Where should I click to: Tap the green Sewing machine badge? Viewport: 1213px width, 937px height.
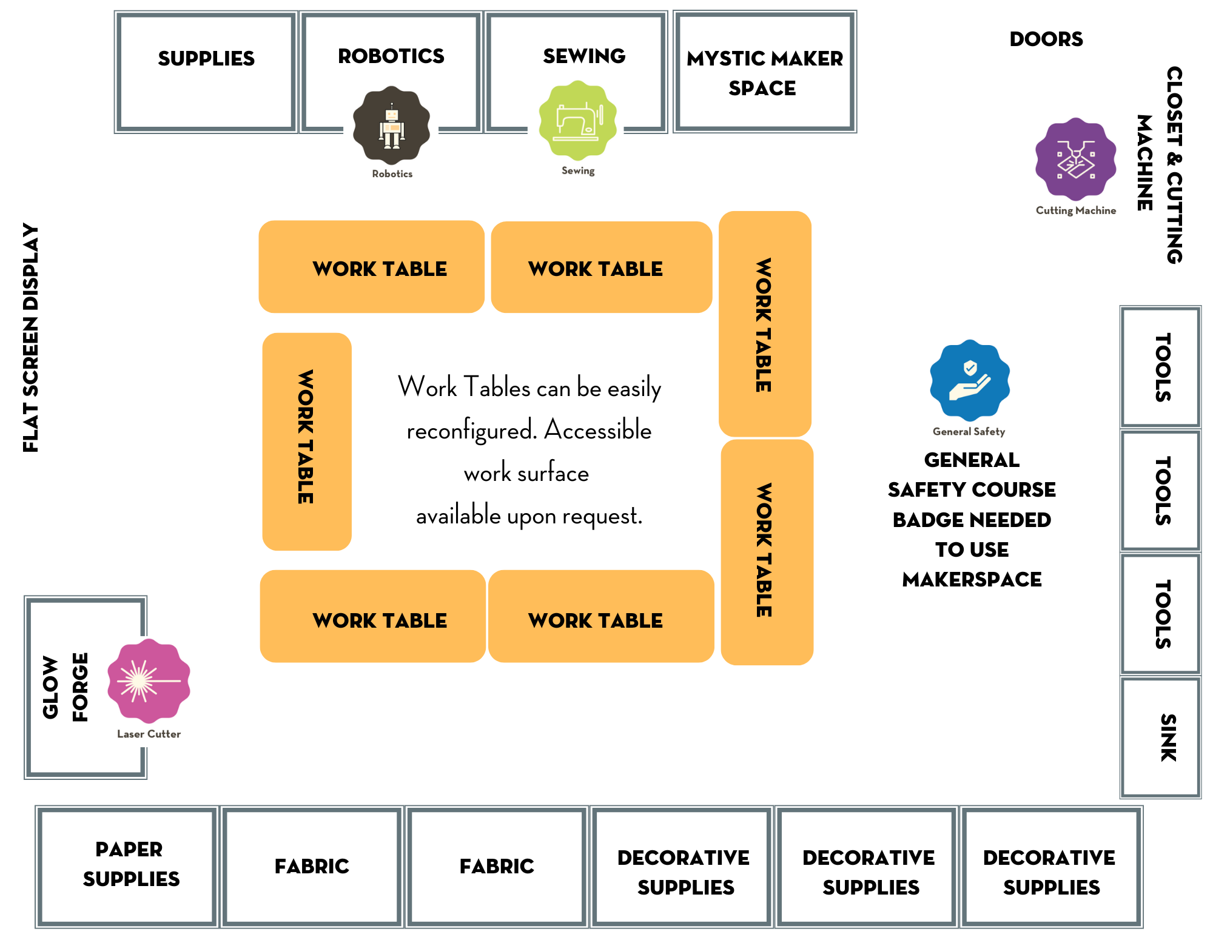click(x=577, y=119)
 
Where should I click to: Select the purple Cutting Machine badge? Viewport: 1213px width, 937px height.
click(x=1075, y=159)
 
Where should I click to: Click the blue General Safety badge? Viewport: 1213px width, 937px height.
click(x=970, y=380)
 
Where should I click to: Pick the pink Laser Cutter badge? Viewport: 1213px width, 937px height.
click(x=149, y=680)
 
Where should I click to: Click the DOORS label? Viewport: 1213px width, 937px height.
click(x=1046, y=39)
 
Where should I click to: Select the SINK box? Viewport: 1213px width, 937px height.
click(x=1160, y=737)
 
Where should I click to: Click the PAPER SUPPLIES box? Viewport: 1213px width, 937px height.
click(x=128, y=866)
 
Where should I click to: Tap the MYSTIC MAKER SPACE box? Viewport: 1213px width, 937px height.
click(x=764, y=72)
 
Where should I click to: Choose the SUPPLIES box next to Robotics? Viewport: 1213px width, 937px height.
click(x=206, y=72)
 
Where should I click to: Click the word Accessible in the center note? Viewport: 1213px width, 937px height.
click(x=597, y=430)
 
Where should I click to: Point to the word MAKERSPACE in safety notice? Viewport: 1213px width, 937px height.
click(x=971, y=579)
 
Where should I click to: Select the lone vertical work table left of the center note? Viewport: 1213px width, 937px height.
click(x=306, y=441)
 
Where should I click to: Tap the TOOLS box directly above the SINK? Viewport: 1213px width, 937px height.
click(x=1160, y=614)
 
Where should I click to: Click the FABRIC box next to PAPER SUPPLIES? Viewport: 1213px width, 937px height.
click(x=312, y=866)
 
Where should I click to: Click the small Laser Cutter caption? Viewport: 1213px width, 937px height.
click(x=149, y=734)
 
